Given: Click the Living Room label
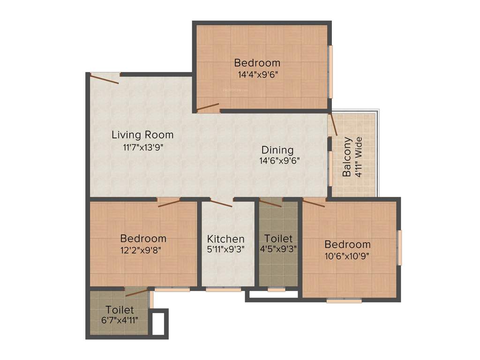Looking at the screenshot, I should point(142,135).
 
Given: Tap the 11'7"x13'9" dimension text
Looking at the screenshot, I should point(142,147).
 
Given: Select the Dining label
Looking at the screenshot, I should point(277,150).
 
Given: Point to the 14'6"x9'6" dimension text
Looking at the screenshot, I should point(279,160).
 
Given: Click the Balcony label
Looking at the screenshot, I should point(347,157).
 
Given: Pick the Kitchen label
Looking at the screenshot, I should point(226,239).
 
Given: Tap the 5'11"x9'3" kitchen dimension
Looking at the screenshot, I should point(226,249).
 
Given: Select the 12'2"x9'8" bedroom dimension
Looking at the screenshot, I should point(143,249).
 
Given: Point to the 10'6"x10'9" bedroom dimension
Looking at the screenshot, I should point(347,255).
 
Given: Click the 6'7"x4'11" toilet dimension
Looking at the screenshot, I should point(120,320).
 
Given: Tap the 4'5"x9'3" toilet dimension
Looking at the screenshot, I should point(278,249).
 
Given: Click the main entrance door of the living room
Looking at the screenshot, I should point(105,78).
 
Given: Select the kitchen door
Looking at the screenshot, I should point(221,203).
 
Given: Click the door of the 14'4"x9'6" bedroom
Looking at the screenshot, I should point(208,107).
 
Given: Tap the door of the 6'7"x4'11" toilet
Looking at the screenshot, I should point(136,293).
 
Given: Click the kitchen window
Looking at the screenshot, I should point(223,289).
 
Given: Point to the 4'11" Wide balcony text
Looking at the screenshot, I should point(359,157).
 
